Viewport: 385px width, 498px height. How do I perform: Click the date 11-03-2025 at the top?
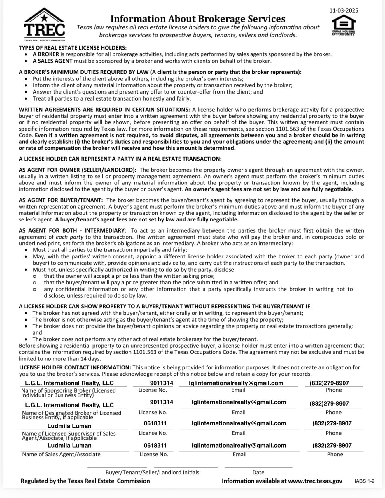(x=344, y=11)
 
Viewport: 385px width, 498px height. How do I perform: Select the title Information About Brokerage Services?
(x=198, y=19)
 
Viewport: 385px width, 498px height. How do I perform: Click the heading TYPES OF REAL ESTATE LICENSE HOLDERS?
(x=73, y=48)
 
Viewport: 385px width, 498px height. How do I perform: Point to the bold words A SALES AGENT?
(x=52, y=61)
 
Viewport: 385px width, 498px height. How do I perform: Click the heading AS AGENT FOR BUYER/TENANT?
(x=61, y=200)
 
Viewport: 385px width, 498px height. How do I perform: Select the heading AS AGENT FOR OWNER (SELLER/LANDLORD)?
(x=78, y=170)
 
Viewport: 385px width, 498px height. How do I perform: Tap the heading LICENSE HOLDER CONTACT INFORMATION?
(x=75, y=367)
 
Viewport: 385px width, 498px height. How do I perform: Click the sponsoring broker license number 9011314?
(x=161, y=383)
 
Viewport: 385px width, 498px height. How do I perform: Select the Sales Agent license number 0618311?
(x=155, y=445)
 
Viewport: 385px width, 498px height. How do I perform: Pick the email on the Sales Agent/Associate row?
(x=239, y=445)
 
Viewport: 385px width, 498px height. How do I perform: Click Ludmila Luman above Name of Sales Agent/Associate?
(x=69, y=445)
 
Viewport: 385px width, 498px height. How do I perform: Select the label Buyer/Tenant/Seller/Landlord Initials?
(x=152, y=472)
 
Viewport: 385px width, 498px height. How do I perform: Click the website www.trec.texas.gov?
(x=315, y=481)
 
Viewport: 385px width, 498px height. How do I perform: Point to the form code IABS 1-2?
(x=364, y=481)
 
